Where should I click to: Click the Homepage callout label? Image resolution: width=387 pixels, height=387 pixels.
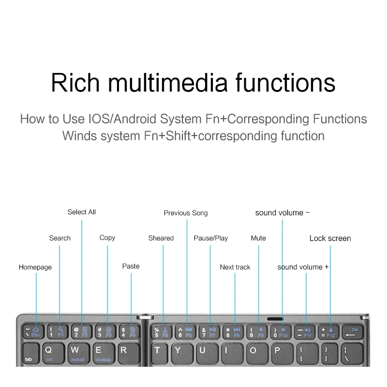click(35, 267)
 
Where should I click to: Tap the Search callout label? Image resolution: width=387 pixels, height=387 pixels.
click(60, 238)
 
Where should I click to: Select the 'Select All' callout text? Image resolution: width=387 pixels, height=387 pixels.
click(82, 212)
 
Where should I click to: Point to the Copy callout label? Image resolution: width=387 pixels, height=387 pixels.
click(107, 238)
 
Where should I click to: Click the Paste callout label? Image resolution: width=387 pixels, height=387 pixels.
click(131, 266)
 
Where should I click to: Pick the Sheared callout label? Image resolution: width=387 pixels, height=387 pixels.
click(161, 238)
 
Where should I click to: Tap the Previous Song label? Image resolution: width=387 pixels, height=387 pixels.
click(186, 213)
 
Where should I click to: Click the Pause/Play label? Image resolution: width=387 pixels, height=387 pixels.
click(211, 238)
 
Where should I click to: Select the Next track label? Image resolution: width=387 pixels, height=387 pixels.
click(235, 267)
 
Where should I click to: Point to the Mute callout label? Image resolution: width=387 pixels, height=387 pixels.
click(258, 238)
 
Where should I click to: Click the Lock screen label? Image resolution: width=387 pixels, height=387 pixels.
click(330, 238)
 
